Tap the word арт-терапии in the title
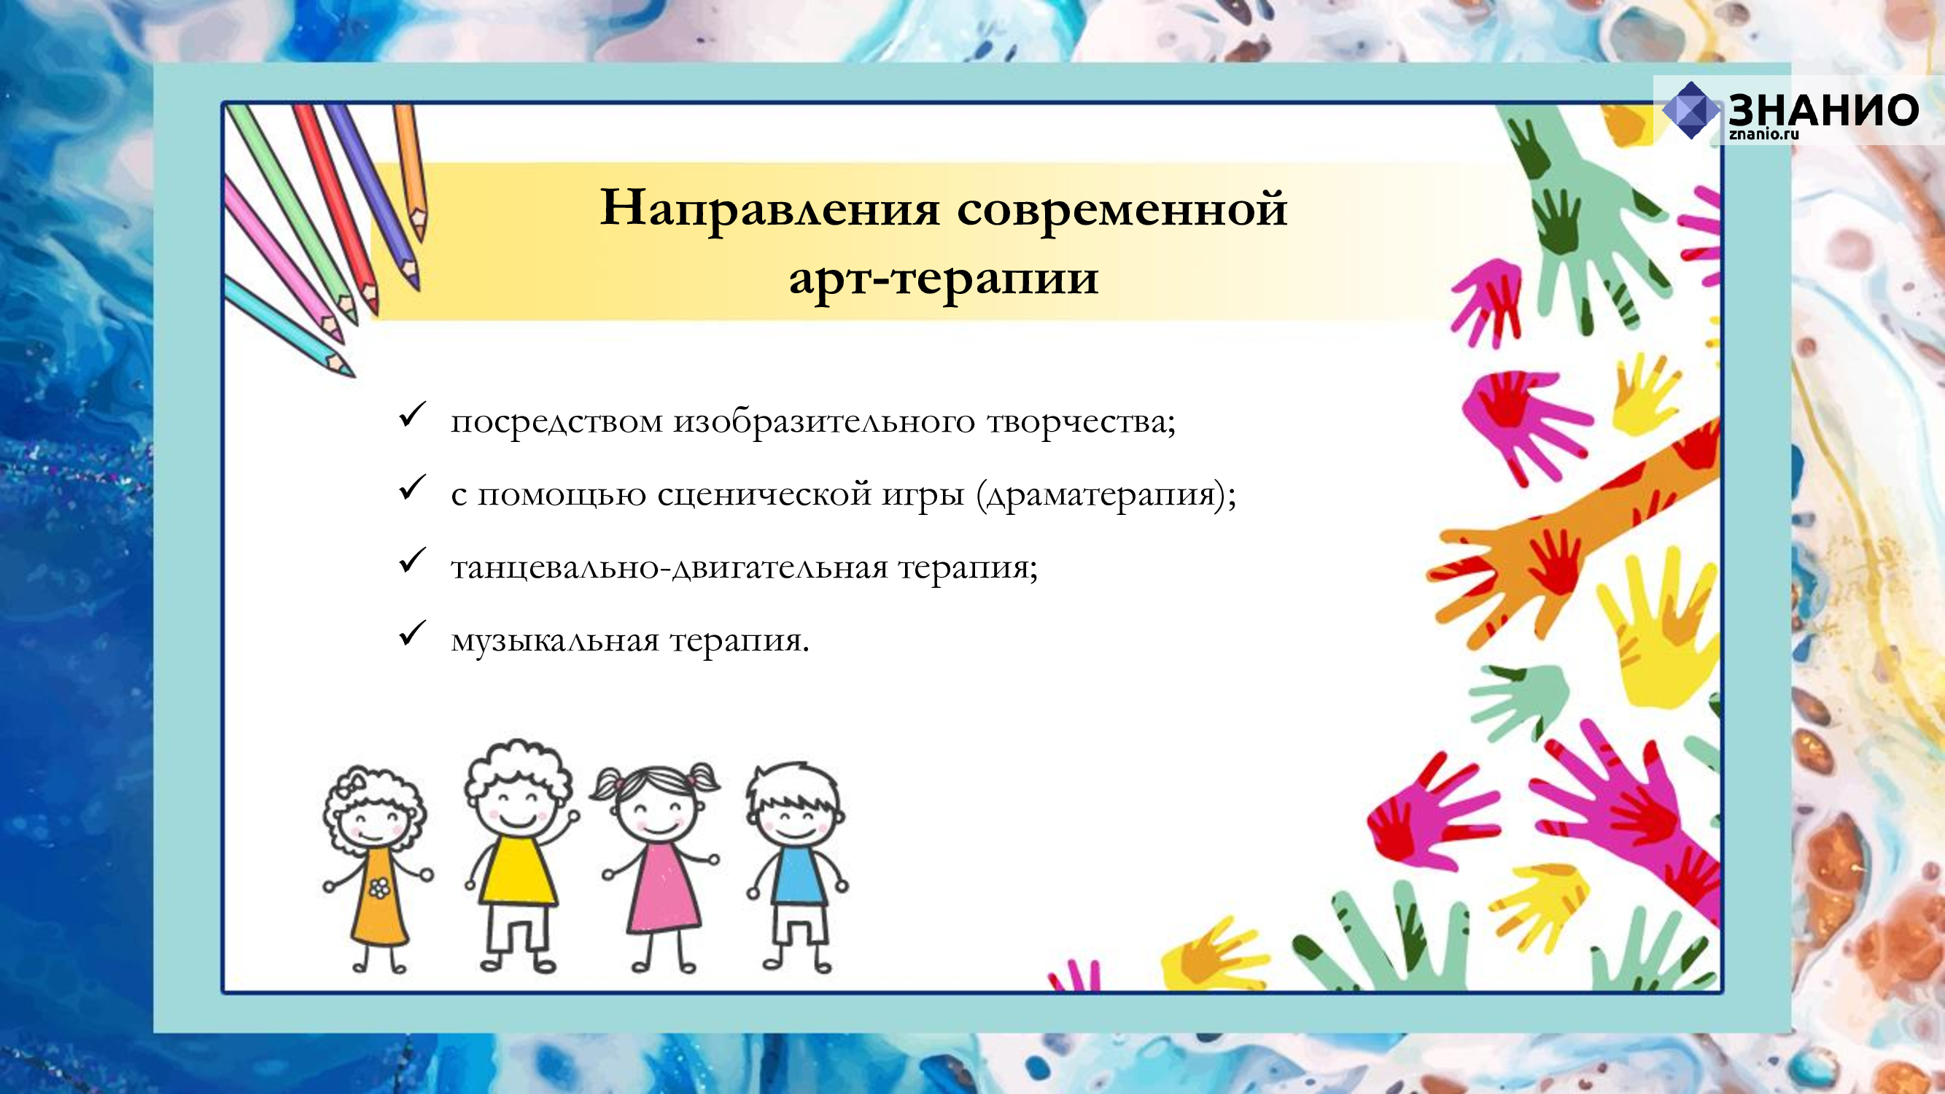pyautogui.click(x=944, y=279)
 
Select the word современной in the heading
pyautogui.click(x=1122, y=209)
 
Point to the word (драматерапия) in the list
pyautogui.click(x=1100, y=495)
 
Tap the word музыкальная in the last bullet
pyautogui.click(x=555, y=641)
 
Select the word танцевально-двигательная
pyautogui.click(x=669, y=567)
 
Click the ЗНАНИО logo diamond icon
pyautogui.click(x=1690, y=110)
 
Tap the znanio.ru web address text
pyautogui.click(x=1764, y=134)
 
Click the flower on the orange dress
pyautogui.click(x=379, y=888)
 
